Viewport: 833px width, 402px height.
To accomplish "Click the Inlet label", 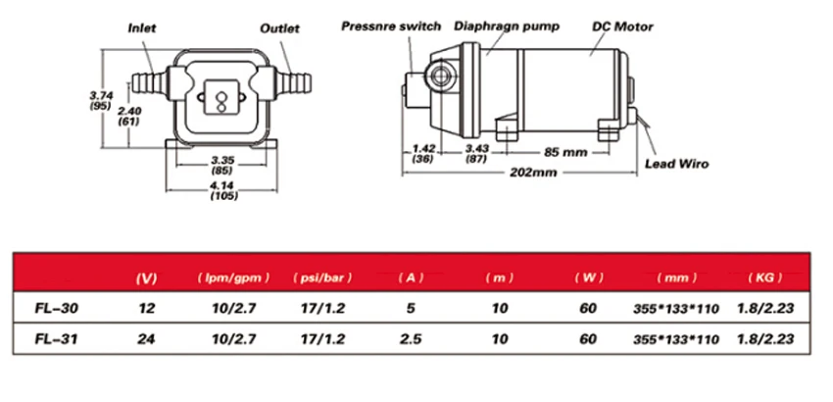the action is [142, 27].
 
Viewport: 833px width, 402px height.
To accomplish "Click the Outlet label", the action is [279, 28].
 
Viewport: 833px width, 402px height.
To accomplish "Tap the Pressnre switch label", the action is [391, 26].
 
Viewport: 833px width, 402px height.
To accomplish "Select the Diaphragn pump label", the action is [507, 26].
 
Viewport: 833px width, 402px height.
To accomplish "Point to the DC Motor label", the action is [622, 26].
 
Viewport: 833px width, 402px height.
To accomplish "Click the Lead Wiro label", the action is [677, 164].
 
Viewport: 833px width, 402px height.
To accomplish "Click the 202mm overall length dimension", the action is [533, 173].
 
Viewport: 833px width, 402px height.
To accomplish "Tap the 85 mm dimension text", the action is [565, 152].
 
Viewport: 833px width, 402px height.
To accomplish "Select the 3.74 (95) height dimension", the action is [100, 100].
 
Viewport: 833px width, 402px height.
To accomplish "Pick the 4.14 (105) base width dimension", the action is [223, 190].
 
